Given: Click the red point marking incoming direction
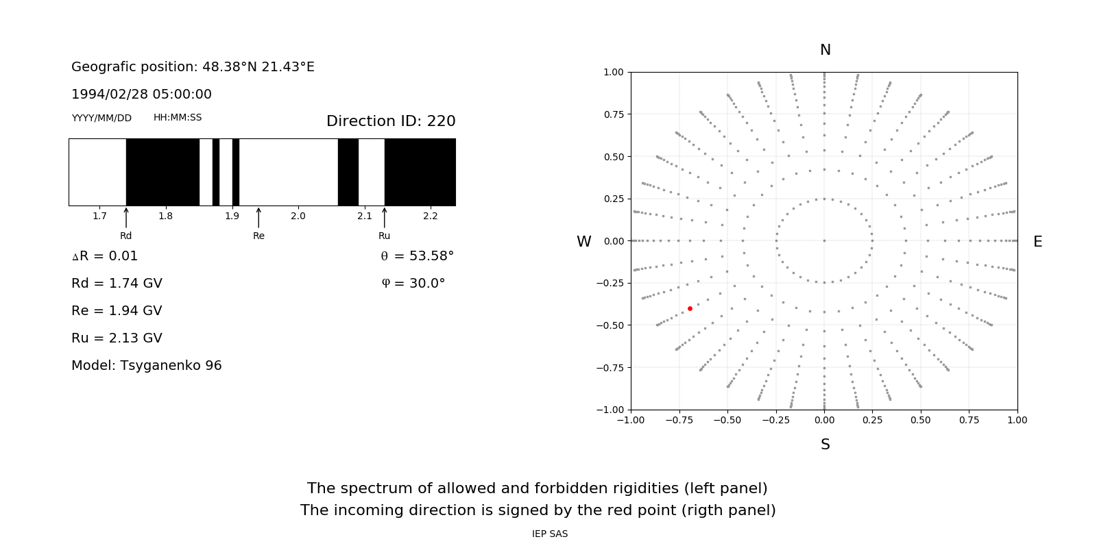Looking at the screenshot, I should click(690, 309).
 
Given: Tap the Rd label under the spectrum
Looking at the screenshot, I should click(126, 236).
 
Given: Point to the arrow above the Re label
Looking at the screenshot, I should click(258, 218).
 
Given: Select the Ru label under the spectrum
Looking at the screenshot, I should click(384, 236).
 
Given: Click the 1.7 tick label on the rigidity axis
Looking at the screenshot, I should click(99, 216).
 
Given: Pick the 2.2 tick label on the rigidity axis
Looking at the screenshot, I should click(430, 216).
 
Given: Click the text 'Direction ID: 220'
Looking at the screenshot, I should click(391, 121).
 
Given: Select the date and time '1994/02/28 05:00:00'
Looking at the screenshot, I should click(141, 95).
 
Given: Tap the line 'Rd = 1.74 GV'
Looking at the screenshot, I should click(117, 284).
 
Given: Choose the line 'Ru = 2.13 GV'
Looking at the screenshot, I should click(117, 338).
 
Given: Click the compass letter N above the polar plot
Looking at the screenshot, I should click(825, 50).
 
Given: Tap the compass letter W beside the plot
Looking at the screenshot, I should click(583, 242).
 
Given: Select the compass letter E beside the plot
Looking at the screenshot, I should click(1037, 242).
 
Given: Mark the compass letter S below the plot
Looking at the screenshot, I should click(825, 445).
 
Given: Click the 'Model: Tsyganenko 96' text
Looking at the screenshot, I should click(147, 366).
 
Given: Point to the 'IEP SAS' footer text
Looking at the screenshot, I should click(550, 534).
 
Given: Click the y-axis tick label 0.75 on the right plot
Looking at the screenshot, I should click(614, 114).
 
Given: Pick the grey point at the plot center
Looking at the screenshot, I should click(824, 240).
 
